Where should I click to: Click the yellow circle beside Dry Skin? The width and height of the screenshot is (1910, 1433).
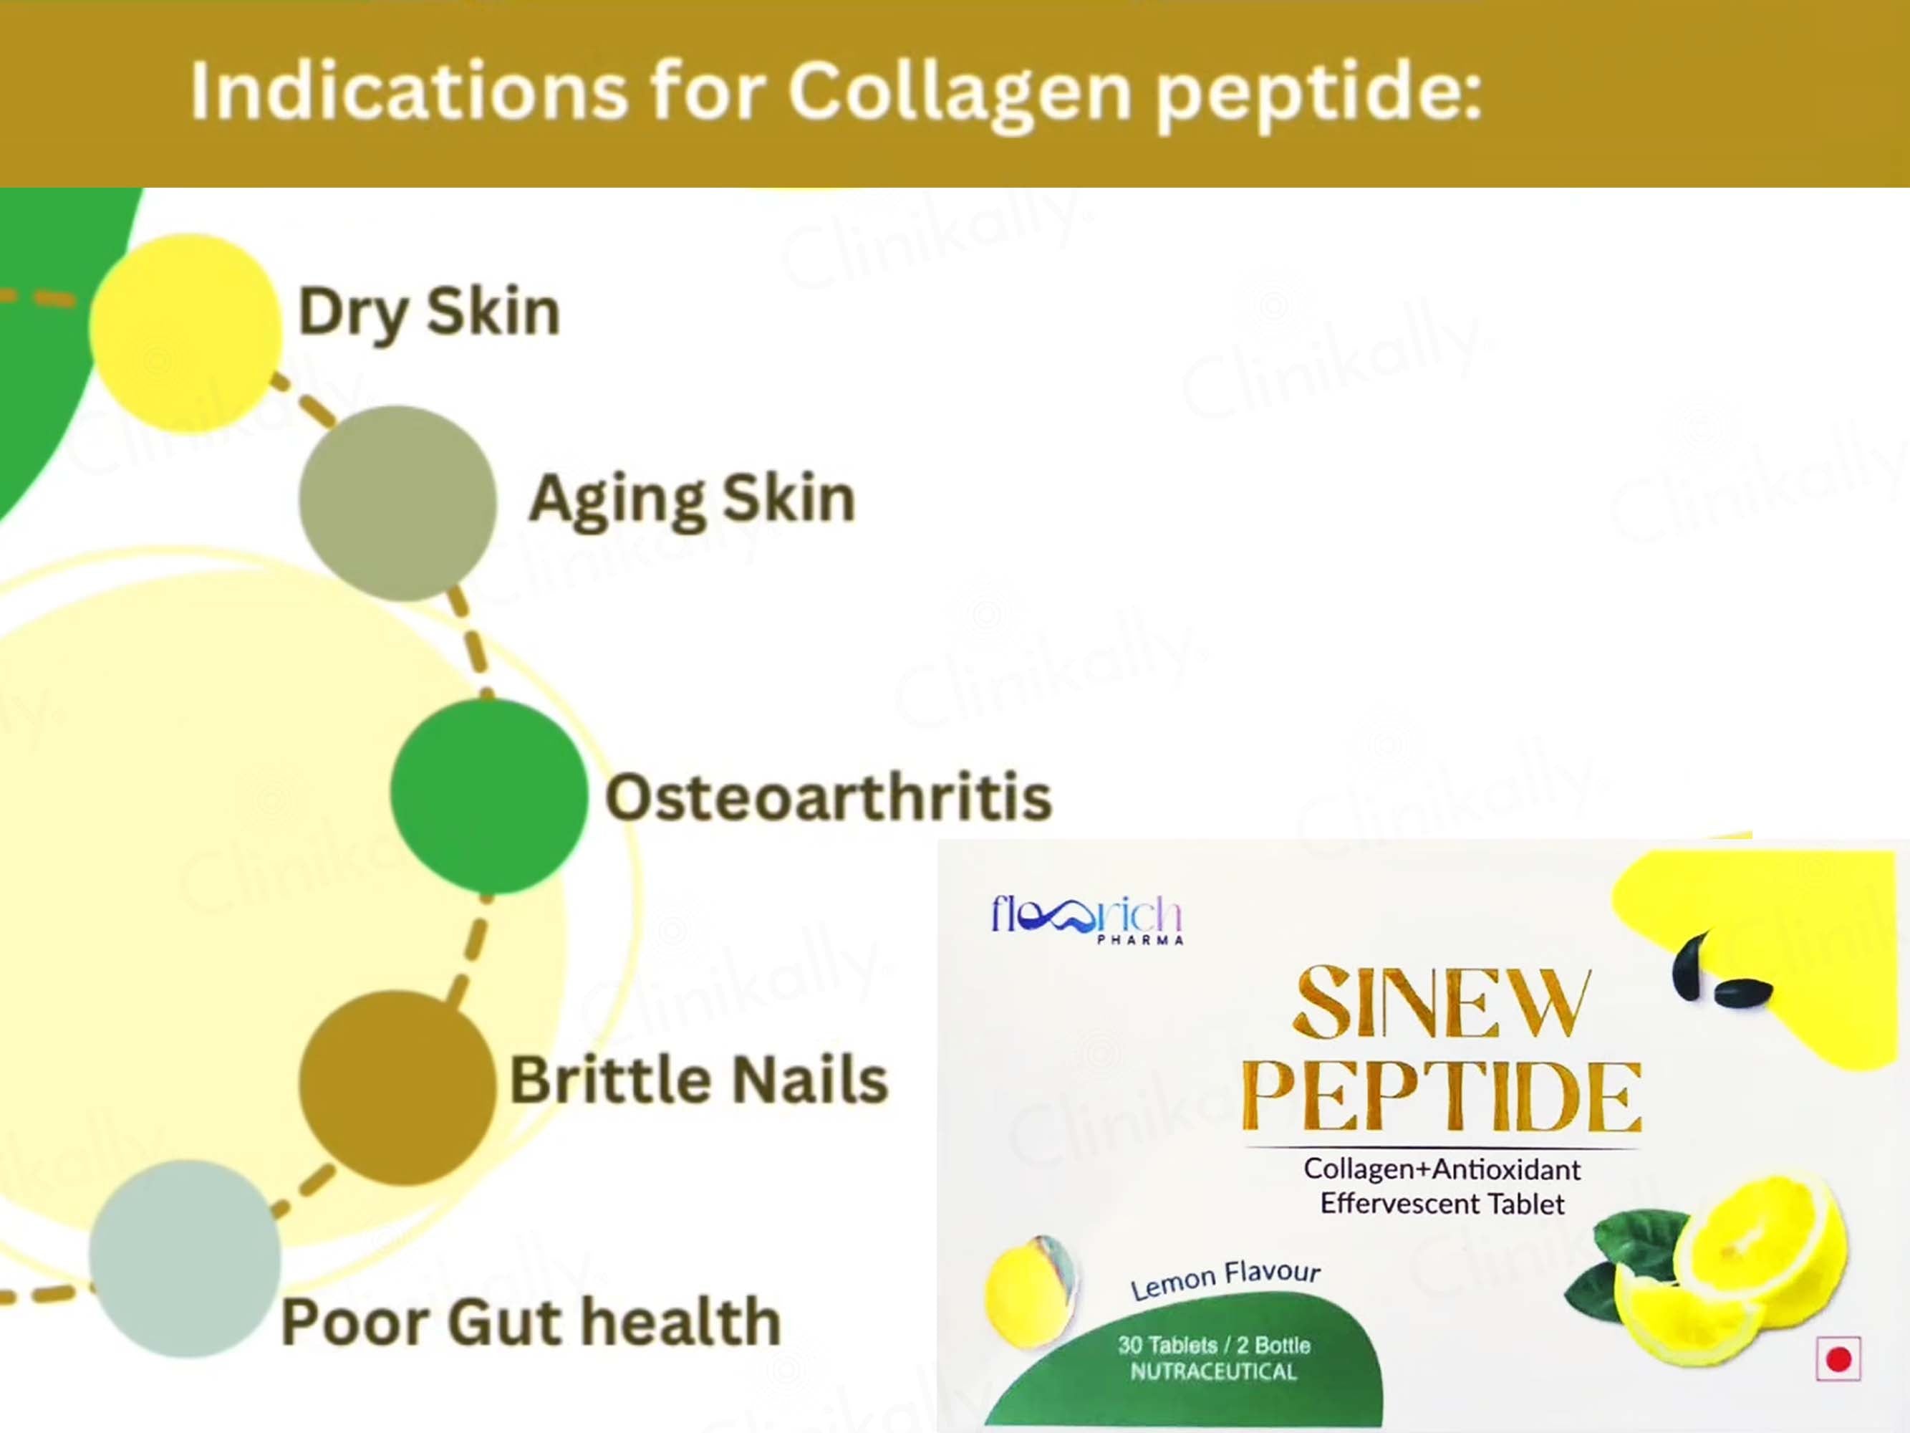(x=185, y=332)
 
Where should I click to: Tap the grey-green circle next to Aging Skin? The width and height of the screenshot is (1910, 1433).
(x=398, y=504)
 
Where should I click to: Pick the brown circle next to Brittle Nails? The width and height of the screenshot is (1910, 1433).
(x=398, y=1088)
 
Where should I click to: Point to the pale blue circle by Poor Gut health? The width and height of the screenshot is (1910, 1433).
(x=185, y=1258)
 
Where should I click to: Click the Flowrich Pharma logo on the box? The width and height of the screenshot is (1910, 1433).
(x=1086, y=919)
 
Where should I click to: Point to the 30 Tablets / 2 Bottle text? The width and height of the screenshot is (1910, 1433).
(x=1214, y=1345)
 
